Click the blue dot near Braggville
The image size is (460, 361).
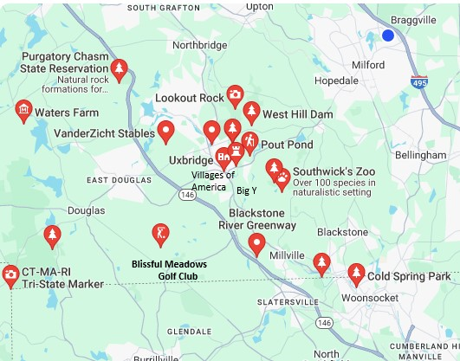[x=388, y=35]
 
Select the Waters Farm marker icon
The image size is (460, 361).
[x=23, y=111]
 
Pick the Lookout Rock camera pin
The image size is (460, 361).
[x=234, y=95]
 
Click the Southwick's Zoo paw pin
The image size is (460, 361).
[x=282, y=179]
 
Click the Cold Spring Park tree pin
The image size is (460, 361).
[x=355, y=274]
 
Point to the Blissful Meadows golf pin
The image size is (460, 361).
[x=159, y=234]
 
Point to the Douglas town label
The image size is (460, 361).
[x=86, y=210]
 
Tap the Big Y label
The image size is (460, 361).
[x=247, y=190]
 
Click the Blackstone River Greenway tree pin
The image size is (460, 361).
[x=256, y=245]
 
